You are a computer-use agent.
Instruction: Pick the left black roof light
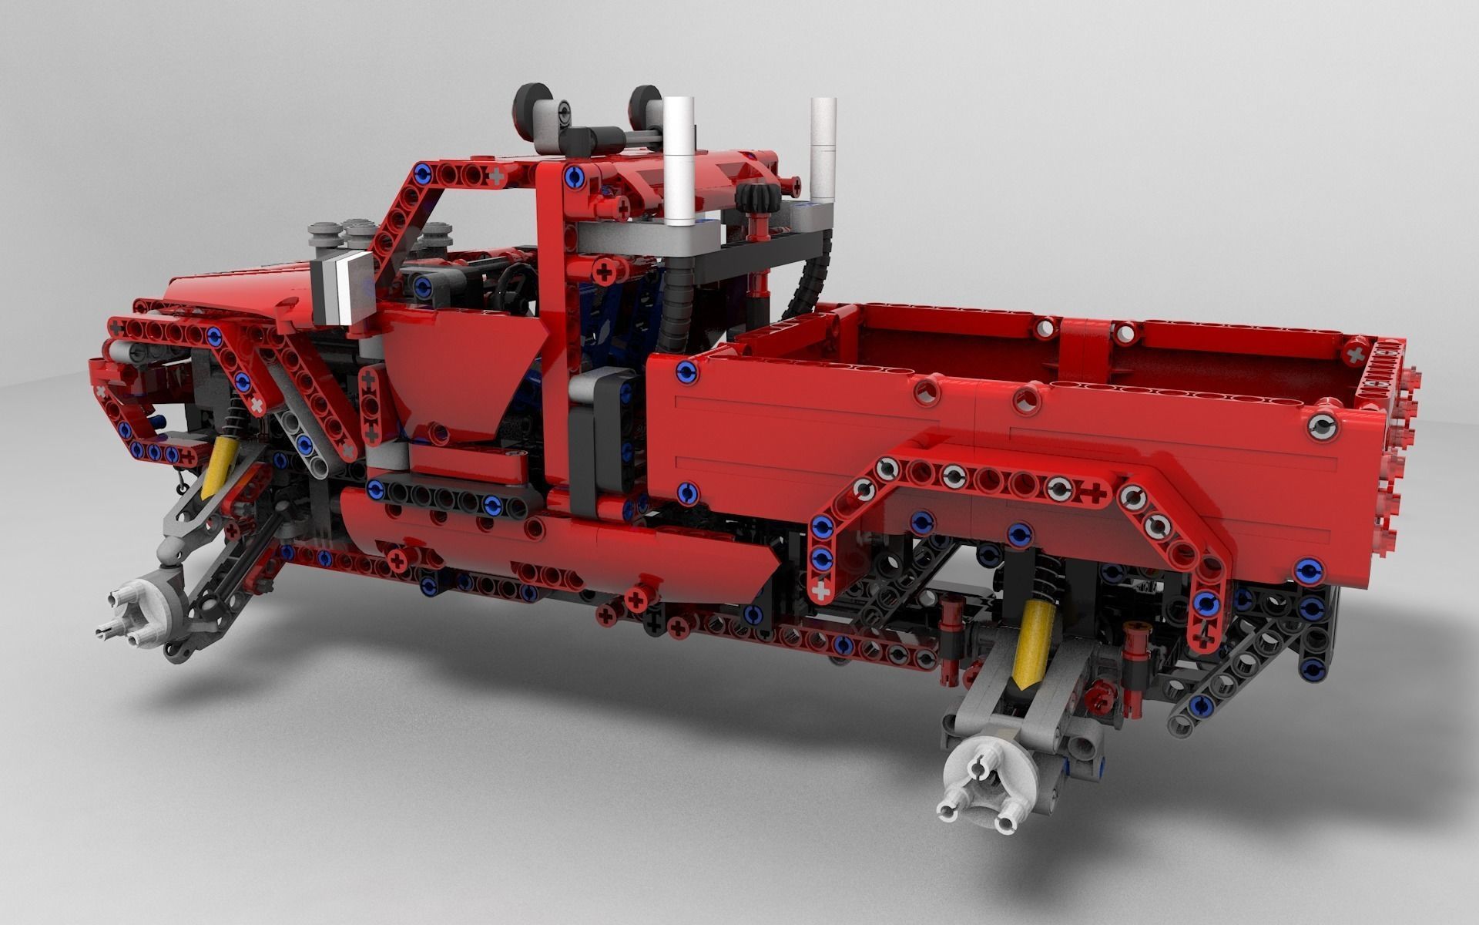pos(532,107)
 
